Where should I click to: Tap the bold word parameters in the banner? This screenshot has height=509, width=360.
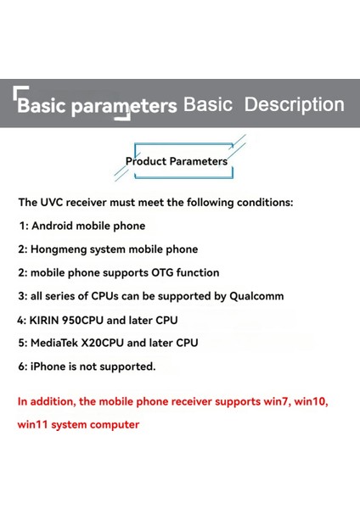point(127,106)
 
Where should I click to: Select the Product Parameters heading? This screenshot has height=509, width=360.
point(177,160)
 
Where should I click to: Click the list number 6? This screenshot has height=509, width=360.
point(23,366)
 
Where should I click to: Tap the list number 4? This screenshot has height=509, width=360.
point(21,320)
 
